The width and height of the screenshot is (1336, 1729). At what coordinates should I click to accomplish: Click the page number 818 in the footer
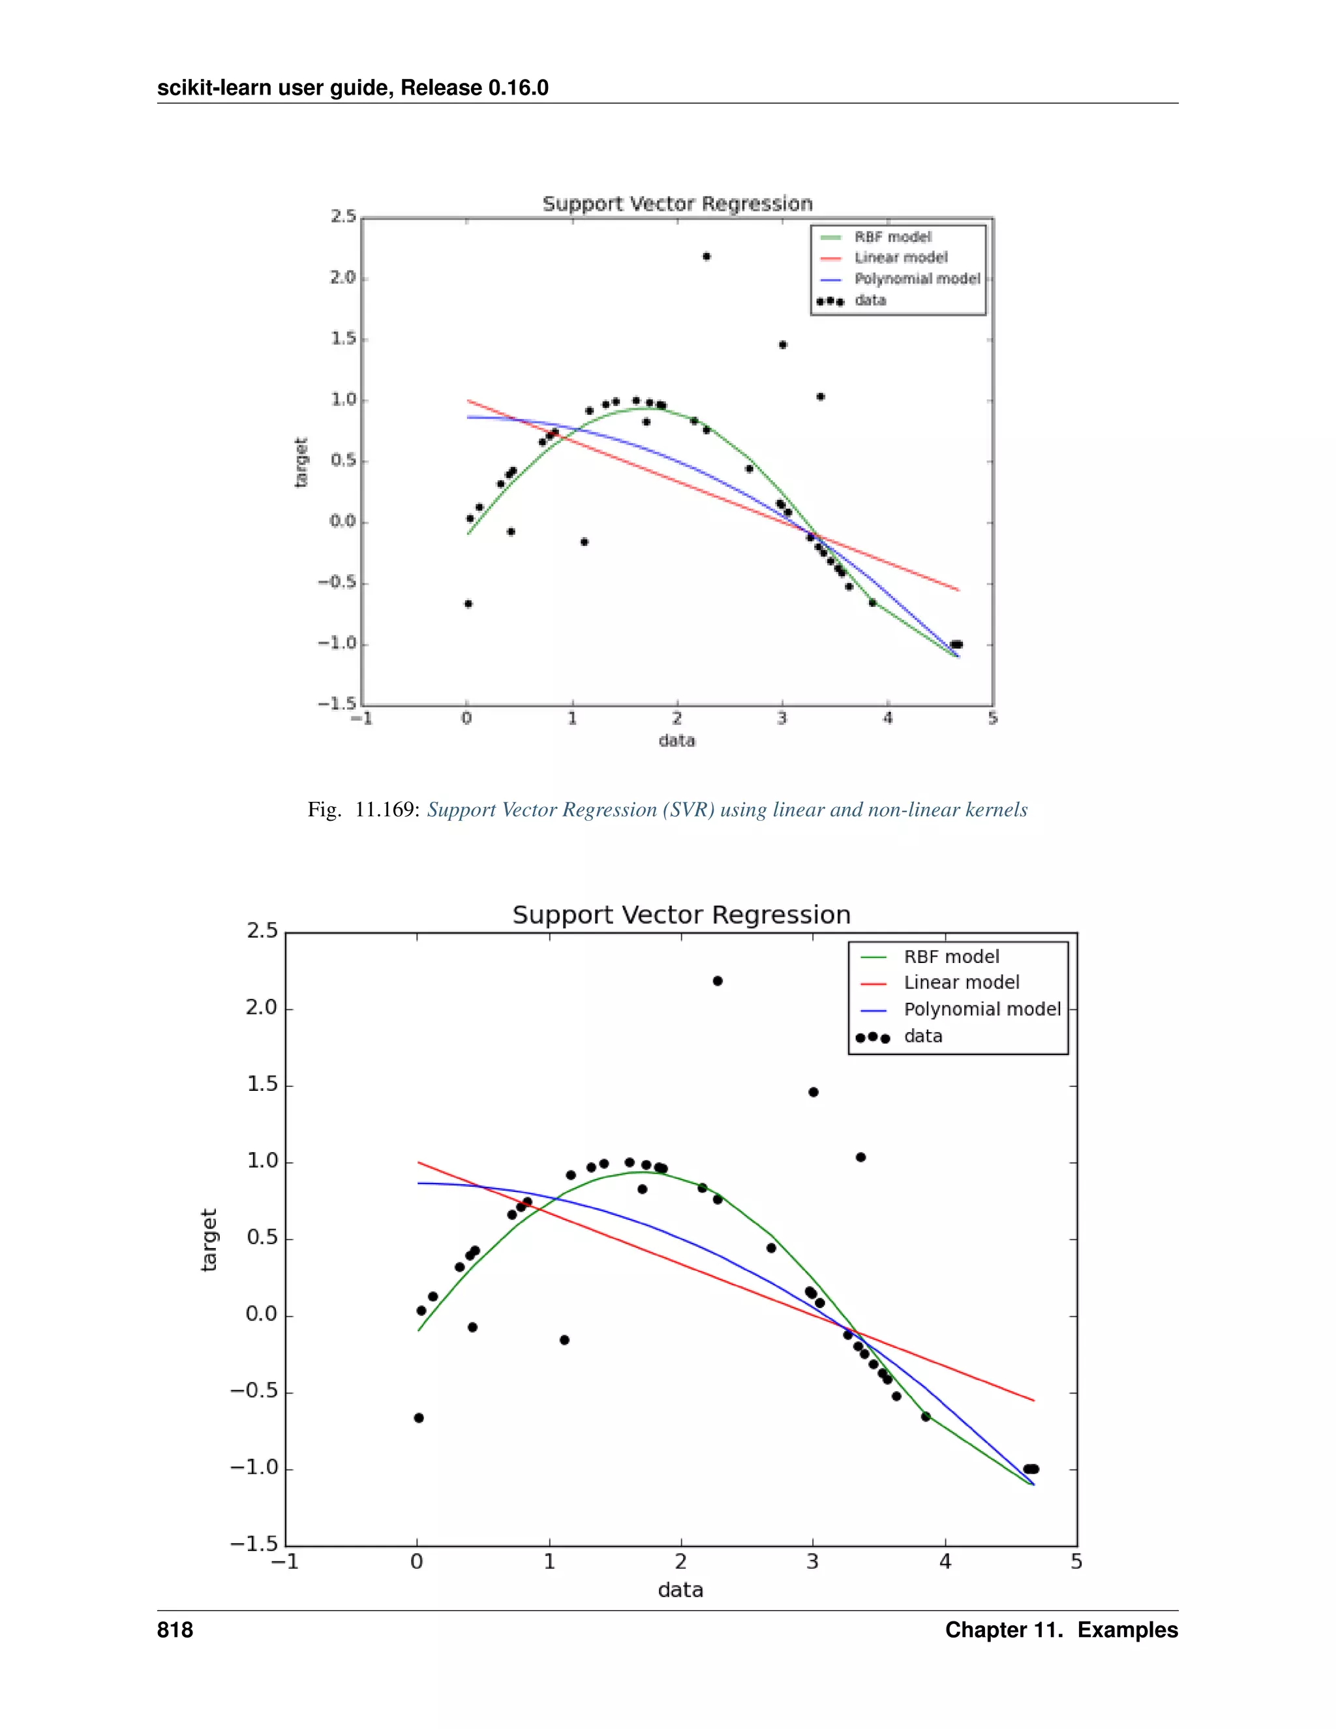pos(175,1630)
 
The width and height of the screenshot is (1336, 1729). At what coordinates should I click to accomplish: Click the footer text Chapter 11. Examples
pos(1061,1630)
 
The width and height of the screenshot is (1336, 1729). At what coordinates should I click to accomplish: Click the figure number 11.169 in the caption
pos(386,809)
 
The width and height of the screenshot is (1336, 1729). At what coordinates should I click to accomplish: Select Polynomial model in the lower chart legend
pos(981,1009)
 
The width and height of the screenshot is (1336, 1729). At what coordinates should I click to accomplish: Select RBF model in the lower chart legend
pos(951,956)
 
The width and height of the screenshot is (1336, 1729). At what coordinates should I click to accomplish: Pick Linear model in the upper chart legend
pos(901,257)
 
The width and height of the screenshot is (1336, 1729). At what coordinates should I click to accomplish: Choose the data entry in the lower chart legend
pos(923,1036)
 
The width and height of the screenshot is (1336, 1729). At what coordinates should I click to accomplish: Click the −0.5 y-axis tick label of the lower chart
pos(253,1391)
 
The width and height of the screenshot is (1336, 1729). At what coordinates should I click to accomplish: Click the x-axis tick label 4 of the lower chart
pos(945,1562)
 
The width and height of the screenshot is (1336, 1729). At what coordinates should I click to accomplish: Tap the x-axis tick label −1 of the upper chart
pos(361,719)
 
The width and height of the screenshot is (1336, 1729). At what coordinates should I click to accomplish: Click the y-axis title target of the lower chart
pos(208,1240)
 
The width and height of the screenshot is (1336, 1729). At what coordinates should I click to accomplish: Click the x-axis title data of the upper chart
pos(676,741)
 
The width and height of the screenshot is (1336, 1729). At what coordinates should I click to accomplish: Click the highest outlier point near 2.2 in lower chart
pos(717,981)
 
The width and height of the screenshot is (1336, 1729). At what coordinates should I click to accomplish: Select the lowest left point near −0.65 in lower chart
pos(419,1418)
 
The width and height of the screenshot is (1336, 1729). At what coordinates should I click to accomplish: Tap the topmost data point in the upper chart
pos(706,256)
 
